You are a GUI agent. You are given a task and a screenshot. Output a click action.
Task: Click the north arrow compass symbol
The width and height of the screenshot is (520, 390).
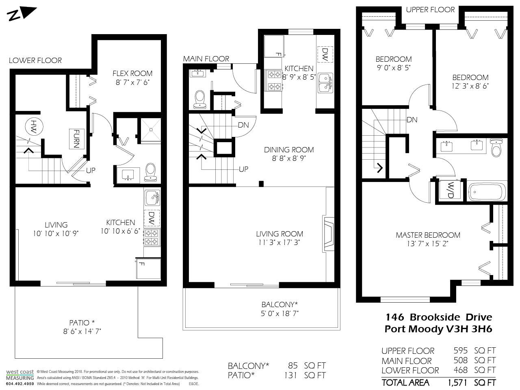pyautogui.click(x=21, y=14)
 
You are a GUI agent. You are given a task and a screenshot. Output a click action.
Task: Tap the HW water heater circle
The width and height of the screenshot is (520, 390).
pyautogui.click(x=35, y=127)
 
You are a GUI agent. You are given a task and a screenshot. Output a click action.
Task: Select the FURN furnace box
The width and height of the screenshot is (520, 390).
pyautogui.click(x=76, y=139)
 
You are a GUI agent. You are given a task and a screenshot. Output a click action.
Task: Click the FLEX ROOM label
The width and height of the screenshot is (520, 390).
pyautogui.click(x=132, y=74)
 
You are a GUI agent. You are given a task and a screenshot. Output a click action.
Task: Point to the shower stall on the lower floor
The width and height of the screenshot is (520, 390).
pyautogui.click(x=151, y=131)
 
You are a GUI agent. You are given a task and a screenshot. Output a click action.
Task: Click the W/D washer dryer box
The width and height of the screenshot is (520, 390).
pyautogui.click(x=450, y=190)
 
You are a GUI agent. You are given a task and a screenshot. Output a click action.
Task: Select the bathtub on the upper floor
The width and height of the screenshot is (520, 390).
pyautogui.click(x=487, y=191)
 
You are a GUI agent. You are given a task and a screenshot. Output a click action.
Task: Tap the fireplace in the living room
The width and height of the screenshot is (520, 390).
pyautogui.click(x=328, y=234)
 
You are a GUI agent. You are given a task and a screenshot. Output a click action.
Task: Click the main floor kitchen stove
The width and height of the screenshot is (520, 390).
pyautogui.click(x=274, y=81)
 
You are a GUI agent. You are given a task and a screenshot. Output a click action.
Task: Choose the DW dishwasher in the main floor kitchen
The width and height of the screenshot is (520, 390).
pyautogui.click(x=325, y=54)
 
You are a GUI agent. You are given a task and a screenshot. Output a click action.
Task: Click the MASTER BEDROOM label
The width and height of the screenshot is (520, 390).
pyautogui.click(x=428, y=235)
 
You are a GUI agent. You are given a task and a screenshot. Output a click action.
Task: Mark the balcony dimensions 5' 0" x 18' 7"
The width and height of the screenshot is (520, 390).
pyautogui.click(x=279, y=314)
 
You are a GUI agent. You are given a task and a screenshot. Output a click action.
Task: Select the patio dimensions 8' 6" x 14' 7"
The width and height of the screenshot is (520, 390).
pyautogui.click(x=82, y=331)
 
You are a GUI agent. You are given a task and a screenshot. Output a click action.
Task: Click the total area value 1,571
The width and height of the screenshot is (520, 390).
pyautogui.click(x=457, y=383)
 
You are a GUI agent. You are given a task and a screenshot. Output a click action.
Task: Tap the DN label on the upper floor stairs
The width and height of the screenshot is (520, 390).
pyautogui.click(x=412, y=120)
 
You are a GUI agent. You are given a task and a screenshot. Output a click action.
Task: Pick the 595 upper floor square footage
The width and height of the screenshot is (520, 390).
pyautogui.click(x=461, y=350)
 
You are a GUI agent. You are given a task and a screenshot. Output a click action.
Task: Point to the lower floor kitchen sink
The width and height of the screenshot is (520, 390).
pyautogui.click(x=152, y=198)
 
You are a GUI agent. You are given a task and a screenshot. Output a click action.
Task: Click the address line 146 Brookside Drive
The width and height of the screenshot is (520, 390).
pyautogui.click(x=438, y=317)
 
